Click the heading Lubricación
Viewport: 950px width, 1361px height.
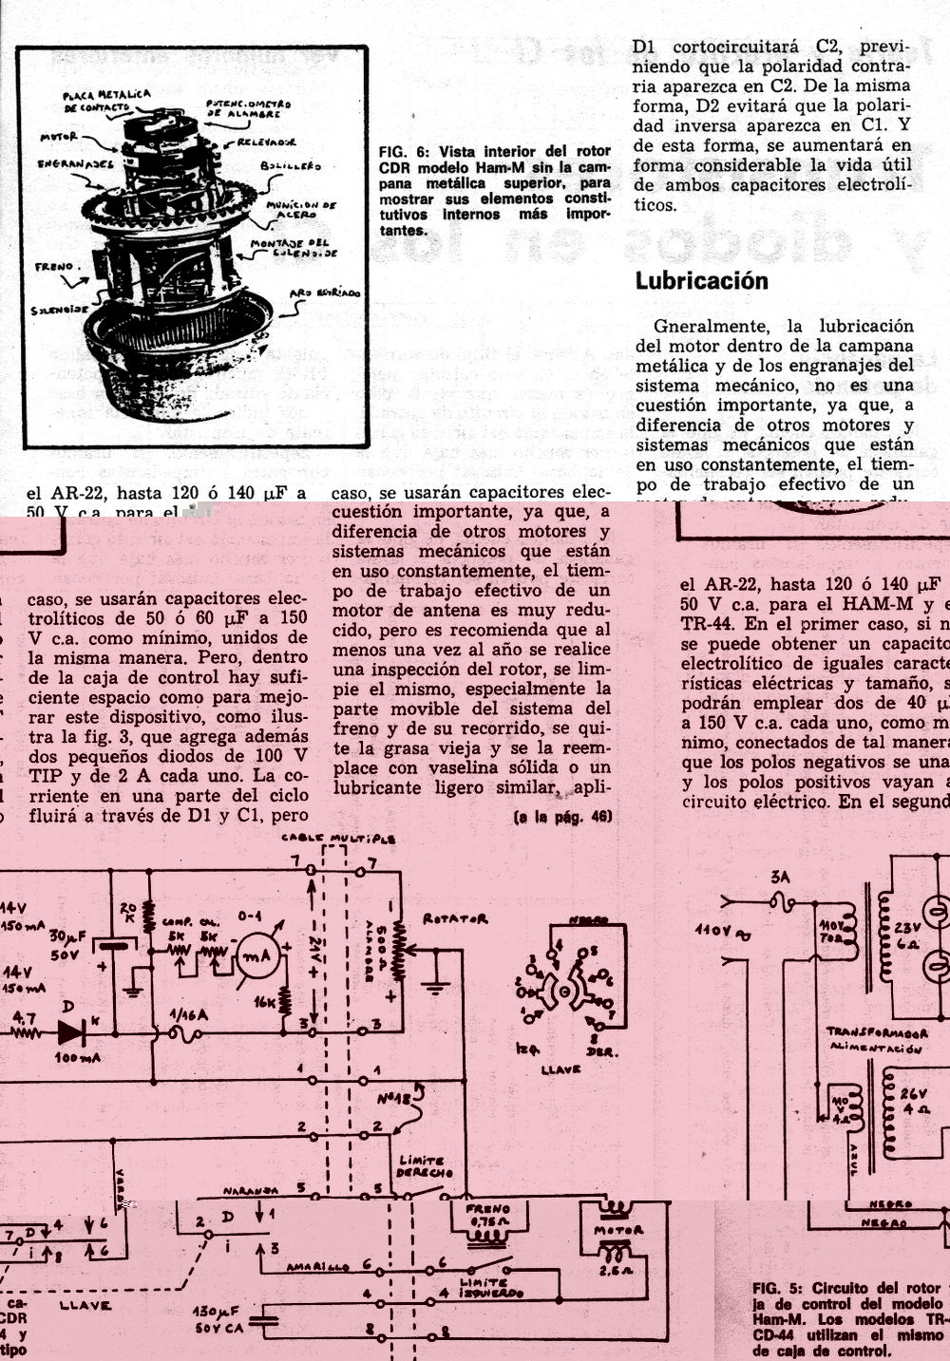click(x=701, y=281)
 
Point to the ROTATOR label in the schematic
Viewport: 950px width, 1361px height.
click(x=455, y=919)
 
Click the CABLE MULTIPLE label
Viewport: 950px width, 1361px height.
click(x=337, y=840)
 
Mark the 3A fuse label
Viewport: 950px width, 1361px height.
click(x=781, y=878)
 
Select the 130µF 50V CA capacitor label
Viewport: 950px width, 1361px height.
click(x=219, y=1318)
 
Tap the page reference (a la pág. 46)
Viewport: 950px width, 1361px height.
click(x=562, y=817)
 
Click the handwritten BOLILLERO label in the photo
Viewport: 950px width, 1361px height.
click(x=291, y=167)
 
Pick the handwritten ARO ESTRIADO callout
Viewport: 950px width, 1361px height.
click(x=325, y=294)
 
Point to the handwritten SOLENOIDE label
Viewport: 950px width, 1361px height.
click(x=59, y=310)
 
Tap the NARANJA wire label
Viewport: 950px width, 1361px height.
click(x=251, y=1190)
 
